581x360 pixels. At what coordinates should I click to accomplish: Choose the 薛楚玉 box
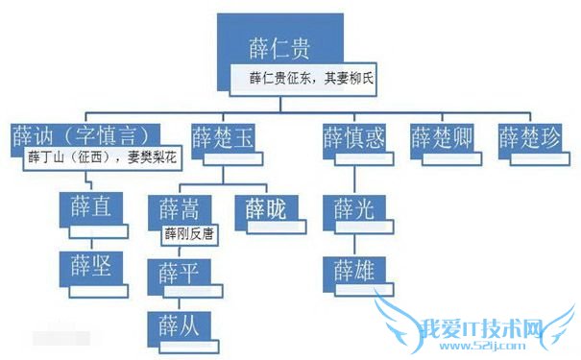click(223, 136)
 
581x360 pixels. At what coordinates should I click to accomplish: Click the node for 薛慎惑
click(352, 136)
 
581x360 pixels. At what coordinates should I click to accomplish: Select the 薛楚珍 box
click(528, 136)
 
